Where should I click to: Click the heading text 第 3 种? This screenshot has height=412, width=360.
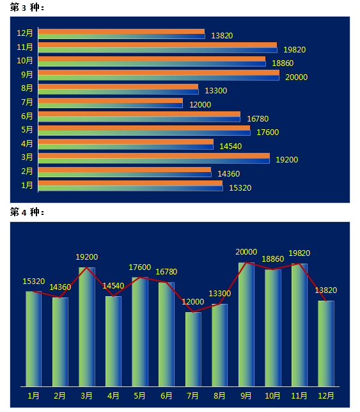pos(27,7)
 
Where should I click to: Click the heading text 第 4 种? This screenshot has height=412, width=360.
pos(27,212)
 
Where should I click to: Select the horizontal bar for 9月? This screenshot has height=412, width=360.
pos(159,75)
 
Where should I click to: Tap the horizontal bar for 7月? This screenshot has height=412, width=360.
pos(110,103)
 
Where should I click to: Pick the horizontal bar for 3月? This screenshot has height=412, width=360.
pos(154,158)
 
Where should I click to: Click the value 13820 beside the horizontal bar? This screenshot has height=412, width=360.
pos(222,35)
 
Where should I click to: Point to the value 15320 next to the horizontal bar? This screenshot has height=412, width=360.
pos(240,187)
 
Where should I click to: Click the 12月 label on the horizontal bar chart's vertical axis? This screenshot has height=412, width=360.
pos(25,33)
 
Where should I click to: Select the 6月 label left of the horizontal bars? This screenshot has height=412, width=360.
pos(27,116)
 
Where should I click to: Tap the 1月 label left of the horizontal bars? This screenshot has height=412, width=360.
pos(27,186)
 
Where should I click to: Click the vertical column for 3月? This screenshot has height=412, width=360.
pos(87,327)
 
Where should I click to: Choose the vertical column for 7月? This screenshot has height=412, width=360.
pos(193,349)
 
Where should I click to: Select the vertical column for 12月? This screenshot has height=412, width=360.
pos(326,344)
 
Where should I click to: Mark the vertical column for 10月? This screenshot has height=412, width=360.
pos(273,328)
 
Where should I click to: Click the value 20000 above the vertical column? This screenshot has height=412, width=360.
pos(246,251)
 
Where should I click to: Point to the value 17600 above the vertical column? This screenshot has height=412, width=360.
pos(139,267)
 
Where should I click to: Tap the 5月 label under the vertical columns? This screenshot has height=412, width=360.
pos(139,395)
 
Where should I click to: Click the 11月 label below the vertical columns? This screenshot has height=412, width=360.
pos(299,395)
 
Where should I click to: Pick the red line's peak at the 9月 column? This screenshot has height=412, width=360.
pos(246,262)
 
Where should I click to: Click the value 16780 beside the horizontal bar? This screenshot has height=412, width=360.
pos(258,119)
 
